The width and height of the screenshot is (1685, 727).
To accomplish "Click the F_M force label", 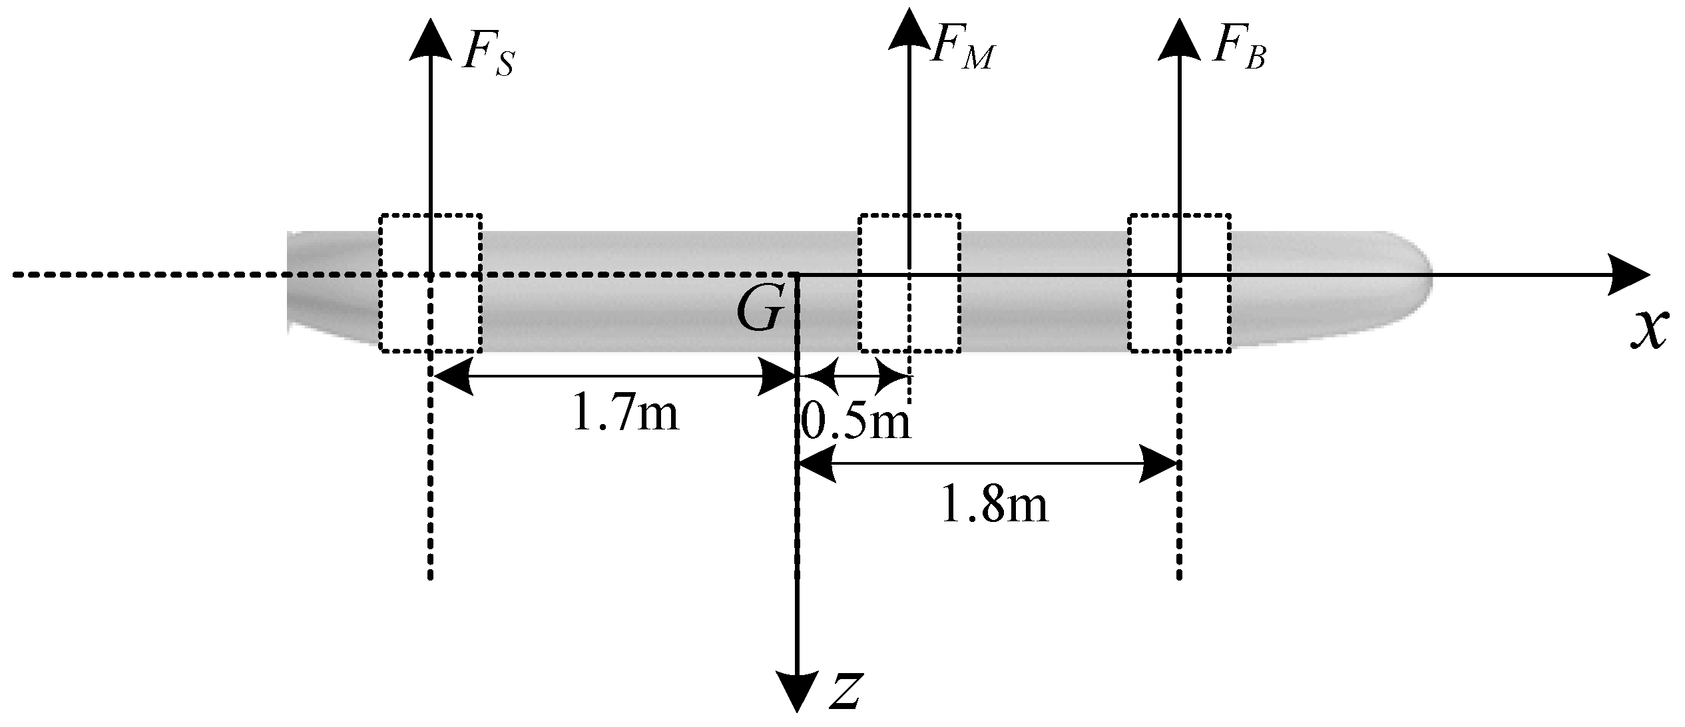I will [x=961, y=49].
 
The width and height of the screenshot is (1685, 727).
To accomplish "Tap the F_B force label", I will [x=1238, y=49].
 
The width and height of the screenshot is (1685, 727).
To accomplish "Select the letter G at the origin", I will [x=759, y=311].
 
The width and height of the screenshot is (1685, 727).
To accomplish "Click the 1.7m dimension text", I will [x=625, y=413].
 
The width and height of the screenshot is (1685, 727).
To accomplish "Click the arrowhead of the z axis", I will [x=797, y=692].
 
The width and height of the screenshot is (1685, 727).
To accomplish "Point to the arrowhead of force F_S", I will [x=430, y=40].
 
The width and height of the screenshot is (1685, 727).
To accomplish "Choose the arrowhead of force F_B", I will [x=1179, y=40].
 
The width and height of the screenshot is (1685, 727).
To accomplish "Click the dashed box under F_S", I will [x=430, y=284].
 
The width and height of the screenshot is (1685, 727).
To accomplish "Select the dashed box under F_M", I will [x=909, y=284].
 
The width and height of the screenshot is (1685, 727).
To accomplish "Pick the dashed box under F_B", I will [x=1179, y=284].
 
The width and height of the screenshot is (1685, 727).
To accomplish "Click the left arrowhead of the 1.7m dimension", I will [x=453, y=377].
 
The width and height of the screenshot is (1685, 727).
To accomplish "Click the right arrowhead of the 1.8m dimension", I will [x=1158, y=463].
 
